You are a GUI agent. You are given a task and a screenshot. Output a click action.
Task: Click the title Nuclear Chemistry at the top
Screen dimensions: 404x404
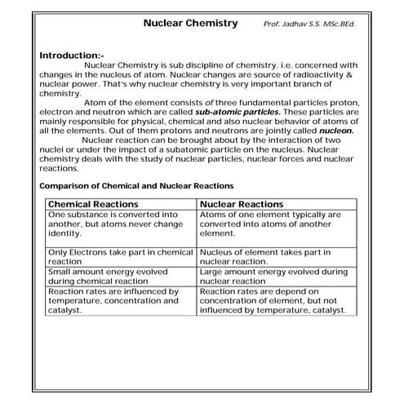[x=190, y=24]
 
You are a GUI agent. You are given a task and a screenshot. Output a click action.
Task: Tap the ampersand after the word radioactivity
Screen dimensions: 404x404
[x=350, y=75]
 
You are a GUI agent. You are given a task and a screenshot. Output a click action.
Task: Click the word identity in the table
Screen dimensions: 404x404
[x=66, y=233]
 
